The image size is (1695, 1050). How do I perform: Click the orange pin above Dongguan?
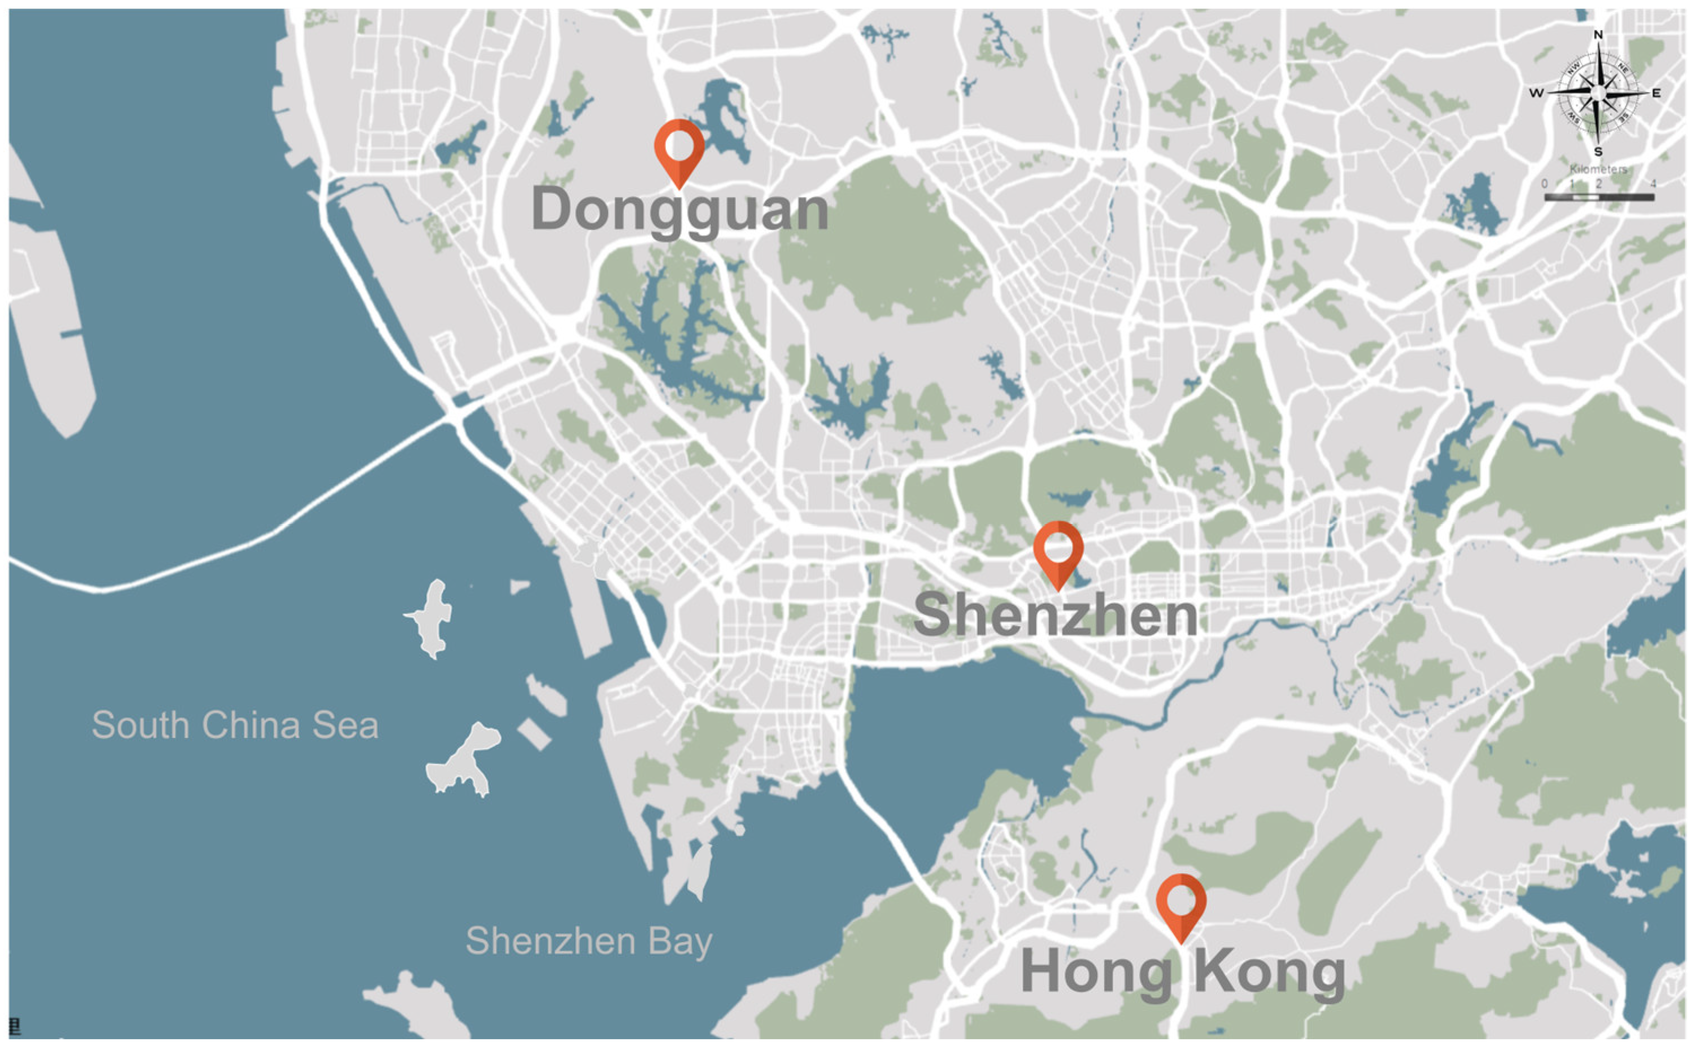678,148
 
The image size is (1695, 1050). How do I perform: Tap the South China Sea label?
235,726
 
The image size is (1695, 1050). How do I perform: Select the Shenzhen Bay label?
589,941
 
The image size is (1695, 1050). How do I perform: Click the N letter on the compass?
1598,35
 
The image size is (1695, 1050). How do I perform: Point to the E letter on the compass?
1656,93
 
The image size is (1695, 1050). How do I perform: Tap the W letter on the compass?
1536,93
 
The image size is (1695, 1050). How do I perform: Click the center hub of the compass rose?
1598,93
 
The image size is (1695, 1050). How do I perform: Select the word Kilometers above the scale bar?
1598,169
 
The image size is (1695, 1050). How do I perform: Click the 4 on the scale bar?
1653,184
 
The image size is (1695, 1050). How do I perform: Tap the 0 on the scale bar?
1544,184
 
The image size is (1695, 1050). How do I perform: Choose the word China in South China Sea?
251,726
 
